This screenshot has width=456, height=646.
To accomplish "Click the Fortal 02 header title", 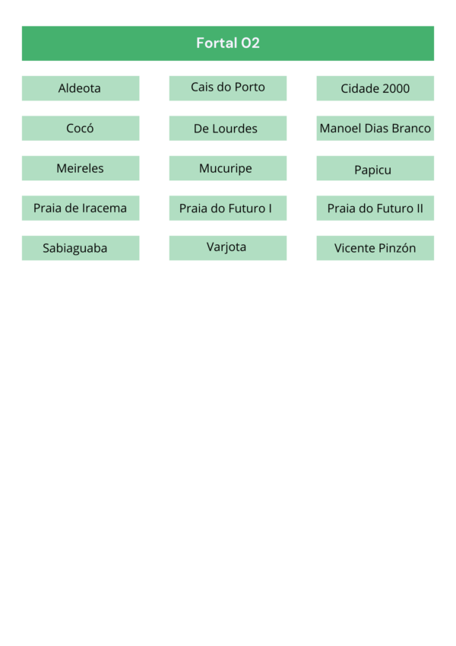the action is click(x=227, y=43).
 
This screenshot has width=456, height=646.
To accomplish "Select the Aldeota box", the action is click(x=81, y=88).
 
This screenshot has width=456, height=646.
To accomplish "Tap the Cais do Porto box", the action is click(x=228, y=88).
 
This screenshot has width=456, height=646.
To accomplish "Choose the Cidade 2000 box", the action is click(x=375, y=88).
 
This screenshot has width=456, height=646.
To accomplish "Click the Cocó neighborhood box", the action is click(x=81, y=128).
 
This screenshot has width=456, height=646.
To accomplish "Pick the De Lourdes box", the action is click(x=228, y=128).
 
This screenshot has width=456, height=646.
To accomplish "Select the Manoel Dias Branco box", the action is click(x=375, y=128).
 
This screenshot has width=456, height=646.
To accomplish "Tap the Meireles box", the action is click(x=81, y=168).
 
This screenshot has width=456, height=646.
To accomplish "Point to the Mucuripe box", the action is click(x=228, y=168).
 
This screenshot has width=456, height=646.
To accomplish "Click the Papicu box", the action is click(x=375, y=168).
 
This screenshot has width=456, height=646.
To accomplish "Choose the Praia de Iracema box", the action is click(x=81, y=208).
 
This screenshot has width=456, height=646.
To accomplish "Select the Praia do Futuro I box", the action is click(x=228, y=208).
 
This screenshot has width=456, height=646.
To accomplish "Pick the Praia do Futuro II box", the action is click(x=375, y=208).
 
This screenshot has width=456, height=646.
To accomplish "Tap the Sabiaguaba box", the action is click(x=81, y=248).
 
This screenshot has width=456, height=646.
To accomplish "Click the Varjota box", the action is click(x=228, y=248).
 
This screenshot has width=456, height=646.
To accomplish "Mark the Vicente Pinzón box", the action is click(x=375, y=248).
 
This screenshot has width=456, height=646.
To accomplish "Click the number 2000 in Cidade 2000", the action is click(x=395, y=88).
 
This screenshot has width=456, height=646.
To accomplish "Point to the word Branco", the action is click(x=412, y=129).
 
